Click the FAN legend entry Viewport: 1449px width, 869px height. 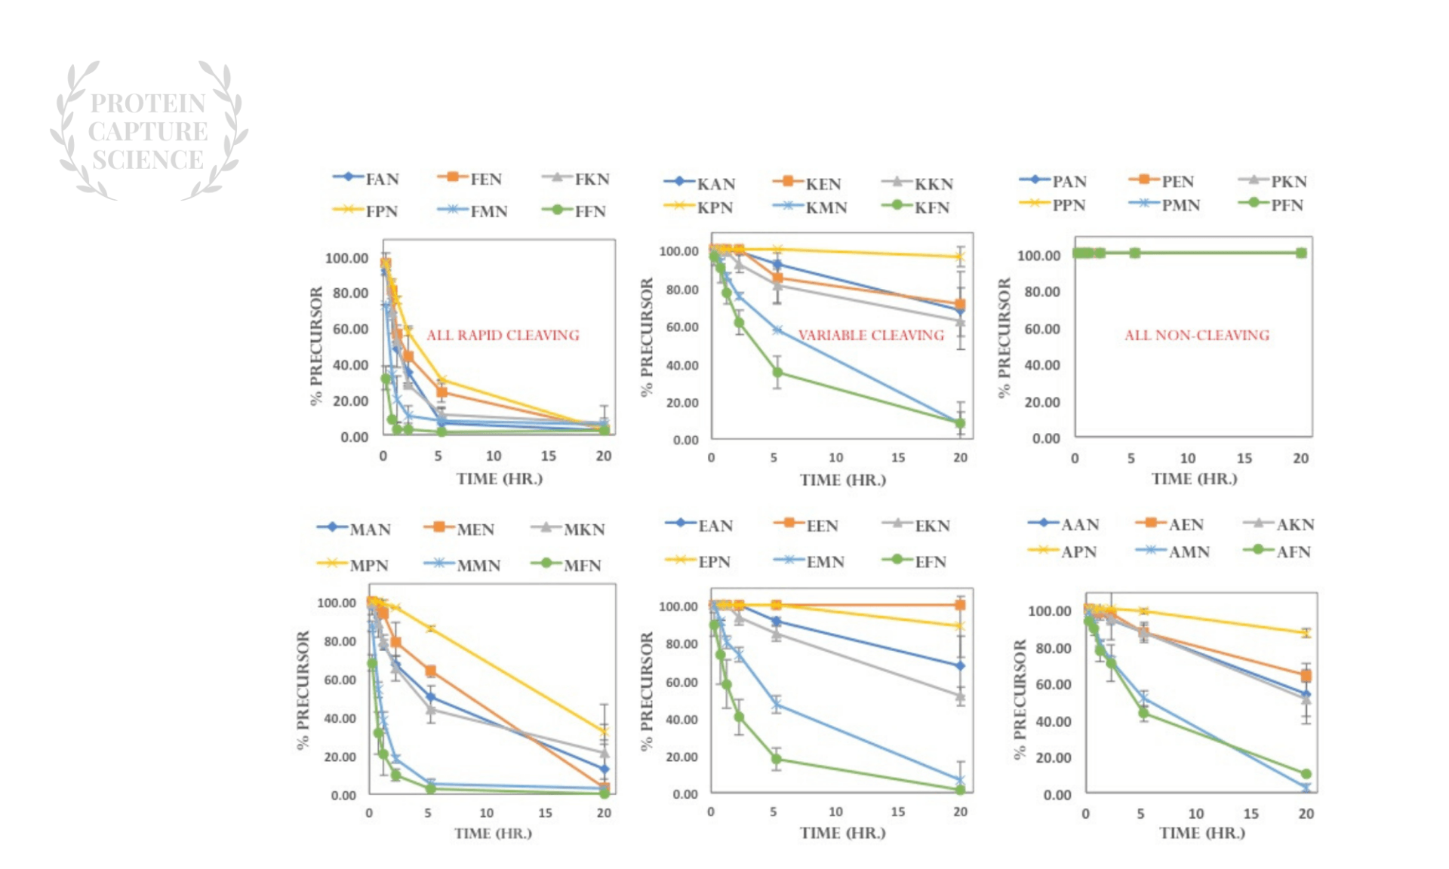point(367,179)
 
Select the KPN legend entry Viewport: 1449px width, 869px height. point(698,207)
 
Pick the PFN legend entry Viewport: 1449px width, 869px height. point(1272,204)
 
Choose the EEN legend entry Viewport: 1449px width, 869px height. point(807,525)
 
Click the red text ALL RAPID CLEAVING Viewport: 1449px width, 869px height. point(503,335)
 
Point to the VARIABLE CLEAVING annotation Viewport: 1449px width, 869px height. point(871,335)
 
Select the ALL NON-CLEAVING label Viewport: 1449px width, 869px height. point(1197,335)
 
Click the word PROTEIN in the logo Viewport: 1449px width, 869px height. point(148,103)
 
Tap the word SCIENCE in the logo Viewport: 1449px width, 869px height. point(148,160)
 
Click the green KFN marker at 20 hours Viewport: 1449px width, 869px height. point(960,423)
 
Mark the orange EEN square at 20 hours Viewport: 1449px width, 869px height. point(960,604)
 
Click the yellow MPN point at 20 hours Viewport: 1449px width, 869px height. point(604,731)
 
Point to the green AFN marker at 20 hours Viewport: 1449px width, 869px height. point(1306,774)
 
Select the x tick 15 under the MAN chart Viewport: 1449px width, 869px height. point(545,813)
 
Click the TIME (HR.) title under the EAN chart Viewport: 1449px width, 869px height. point(842,833)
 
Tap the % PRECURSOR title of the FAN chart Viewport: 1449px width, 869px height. point(316,345)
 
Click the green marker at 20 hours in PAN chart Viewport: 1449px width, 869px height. point(1301,253)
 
